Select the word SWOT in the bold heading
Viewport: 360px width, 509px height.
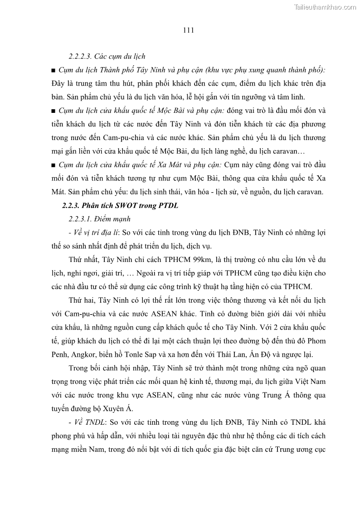(x=122, y=206)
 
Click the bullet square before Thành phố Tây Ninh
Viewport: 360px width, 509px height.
(x=54, y=71)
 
